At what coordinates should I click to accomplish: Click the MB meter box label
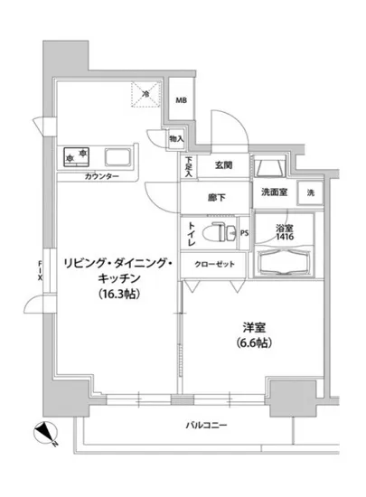[182, 101]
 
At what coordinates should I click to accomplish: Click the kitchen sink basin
[119, 156]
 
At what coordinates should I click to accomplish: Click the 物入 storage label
[176, 139]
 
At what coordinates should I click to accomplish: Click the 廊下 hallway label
[215, 197]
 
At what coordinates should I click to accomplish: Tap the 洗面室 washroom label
[275, 192]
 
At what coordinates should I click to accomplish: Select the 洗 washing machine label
[310, 193]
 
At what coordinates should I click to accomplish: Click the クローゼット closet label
[215, 263]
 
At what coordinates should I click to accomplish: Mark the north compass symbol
[47, 435]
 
